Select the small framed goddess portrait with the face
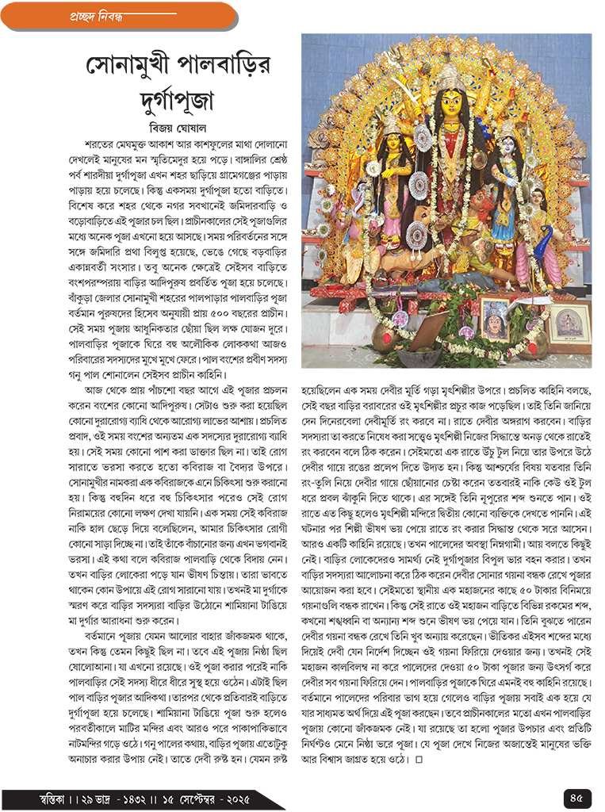click(x=496, y=319)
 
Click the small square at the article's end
click(x=419, y=762)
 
